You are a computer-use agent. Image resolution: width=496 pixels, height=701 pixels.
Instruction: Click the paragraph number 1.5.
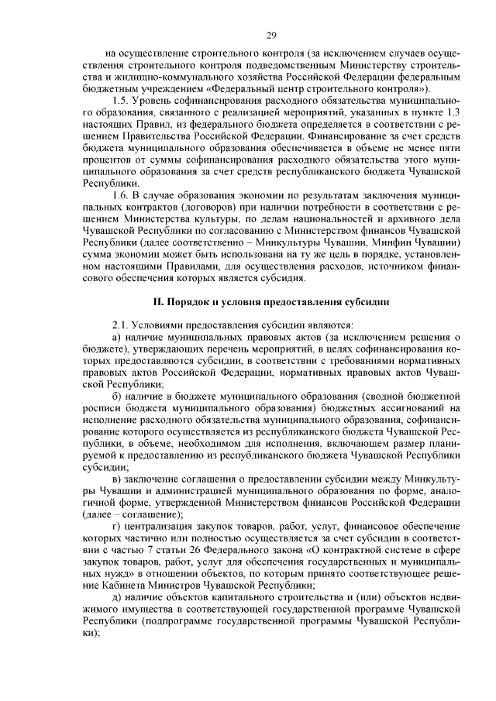point(120,101)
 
